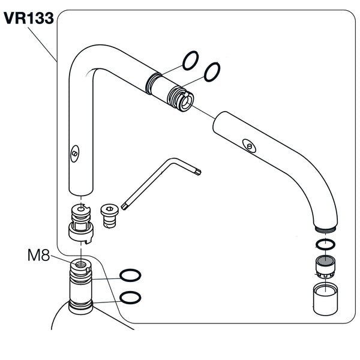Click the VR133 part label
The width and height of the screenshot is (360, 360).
point(28,19)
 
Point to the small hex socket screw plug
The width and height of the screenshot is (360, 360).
point(109,213)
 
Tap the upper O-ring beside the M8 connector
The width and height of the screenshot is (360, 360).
point(130,275)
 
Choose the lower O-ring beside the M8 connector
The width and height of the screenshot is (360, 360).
point(130,297)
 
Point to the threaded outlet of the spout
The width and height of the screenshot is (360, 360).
point(325,229)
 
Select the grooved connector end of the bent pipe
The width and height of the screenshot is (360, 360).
point(178,95)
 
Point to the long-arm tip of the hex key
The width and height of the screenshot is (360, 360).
point(124,206)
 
